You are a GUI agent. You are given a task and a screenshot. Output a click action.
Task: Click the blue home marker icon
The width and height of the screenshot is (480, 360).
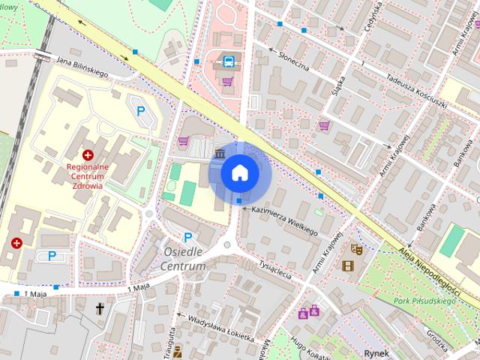239,172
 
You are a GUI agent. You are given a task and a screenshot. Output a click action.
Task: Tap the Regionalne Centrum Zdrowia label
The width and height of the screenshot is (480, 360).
87,174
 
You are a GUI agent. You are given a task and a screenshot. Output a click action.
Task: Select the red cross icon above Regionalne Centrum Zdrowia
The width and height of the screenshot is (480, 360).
87,153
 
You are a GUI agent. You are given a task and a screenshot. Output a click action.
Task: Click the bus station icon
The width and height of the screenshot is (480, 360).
226,61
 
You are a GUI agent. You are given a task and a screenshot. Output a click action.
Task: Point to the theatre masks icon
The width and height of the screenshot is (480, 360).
357,247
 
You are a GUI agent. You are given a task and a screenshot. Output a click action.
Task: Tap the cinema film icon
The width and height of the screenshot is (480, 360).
347,265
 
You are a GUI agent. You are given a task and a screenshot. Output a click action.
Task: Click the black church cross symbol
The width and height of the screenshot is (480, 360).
100,307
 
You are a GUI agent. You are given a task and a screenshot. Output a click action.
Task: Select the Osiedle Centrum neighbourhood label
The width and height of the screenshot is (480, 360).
184,259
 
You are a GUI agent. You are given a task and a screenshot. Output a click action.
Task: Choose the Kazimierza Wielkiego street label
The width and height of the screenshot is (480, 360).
284,221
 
